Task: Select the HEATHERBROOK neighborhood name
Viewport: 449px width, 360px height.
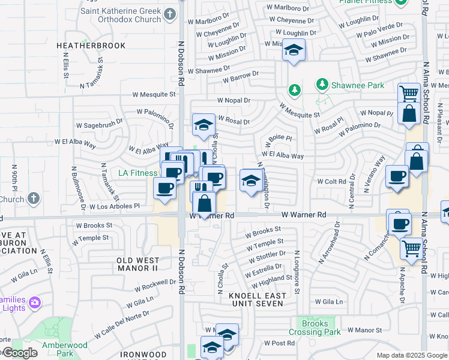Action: coord(91,46)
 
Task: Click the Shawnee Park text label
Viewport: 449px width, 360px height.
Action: coord(359,85)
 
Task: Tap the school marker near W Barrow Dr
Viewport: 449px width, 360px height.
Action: coord(294,50)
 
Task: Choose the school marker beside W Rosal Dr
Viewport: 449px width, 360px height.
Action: coord(204,125)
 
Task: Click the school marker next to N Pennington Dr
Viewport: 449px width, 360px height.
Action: coord(250,181)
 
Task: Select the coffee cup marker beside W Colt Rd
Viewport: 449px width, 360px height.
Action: coord(397,176)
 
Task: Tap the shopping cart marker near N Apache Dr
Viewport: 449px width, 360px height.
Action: coord(411,247)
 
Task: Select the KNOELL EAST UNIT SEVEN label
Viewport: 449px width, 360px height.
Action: coord(256,299)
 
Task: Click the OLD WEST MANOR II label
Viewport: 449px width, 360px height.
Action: coord(138,265)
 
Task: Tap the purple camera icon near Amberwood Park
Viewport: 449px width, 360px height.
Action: coord(35,301)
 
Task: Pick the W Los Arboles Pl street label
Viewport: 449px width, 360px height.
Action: coord(114,206)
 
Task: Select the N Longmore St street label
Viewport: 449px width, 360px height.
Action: coord(297,273)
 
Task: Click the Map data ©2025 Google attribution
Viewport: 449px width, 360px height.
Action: coord(412,355)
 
